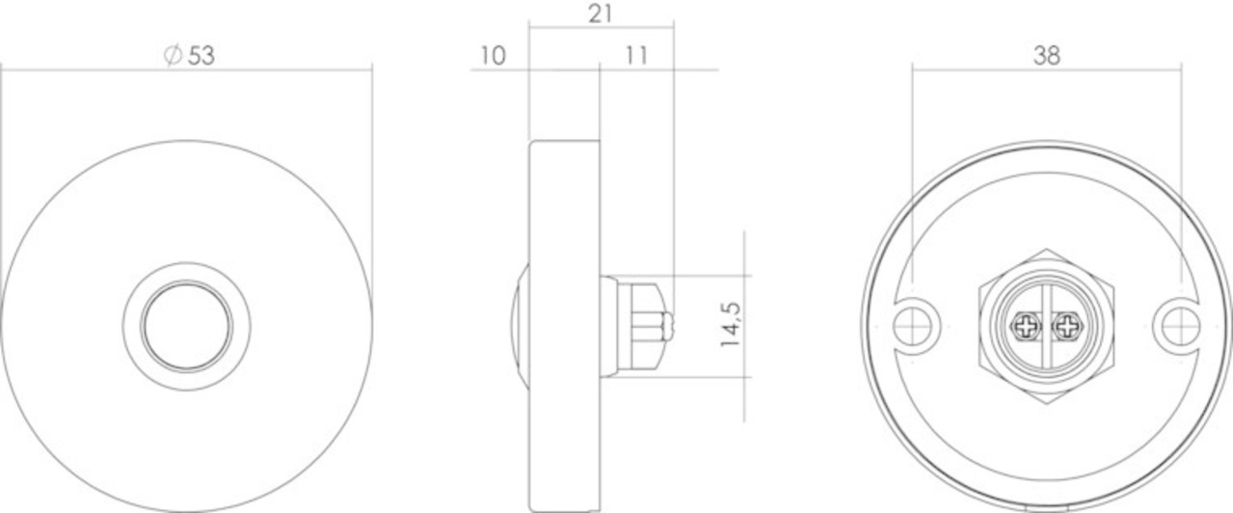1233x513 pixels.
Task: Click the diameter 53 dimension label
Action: (190, 56)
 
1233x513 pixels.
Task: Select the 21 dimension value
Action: (600, 13)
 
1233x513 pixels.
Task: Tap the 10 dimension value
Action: (492, 56)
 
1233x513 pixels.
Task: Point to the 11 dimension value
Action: (634, 56)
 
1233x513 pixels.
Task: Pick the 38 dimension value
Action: (1046, 56)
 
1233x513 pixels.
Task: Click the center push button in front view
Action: (186, 326)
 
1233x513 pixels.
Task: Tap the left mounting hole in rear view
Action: (912, 326)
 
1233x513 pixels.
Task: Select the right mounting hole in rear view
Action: (1180, 326)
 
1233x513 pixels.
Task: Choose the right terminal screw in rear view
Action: (1065, 327)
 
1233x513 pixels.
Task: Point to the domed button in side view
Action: (520, 326)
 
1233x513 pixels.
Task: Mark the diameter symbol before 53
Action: (173, 56)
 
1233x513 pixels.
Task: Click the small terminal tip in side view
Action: (667, 326)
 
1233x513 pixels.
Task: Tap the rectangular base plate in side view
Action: (564, 326)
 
